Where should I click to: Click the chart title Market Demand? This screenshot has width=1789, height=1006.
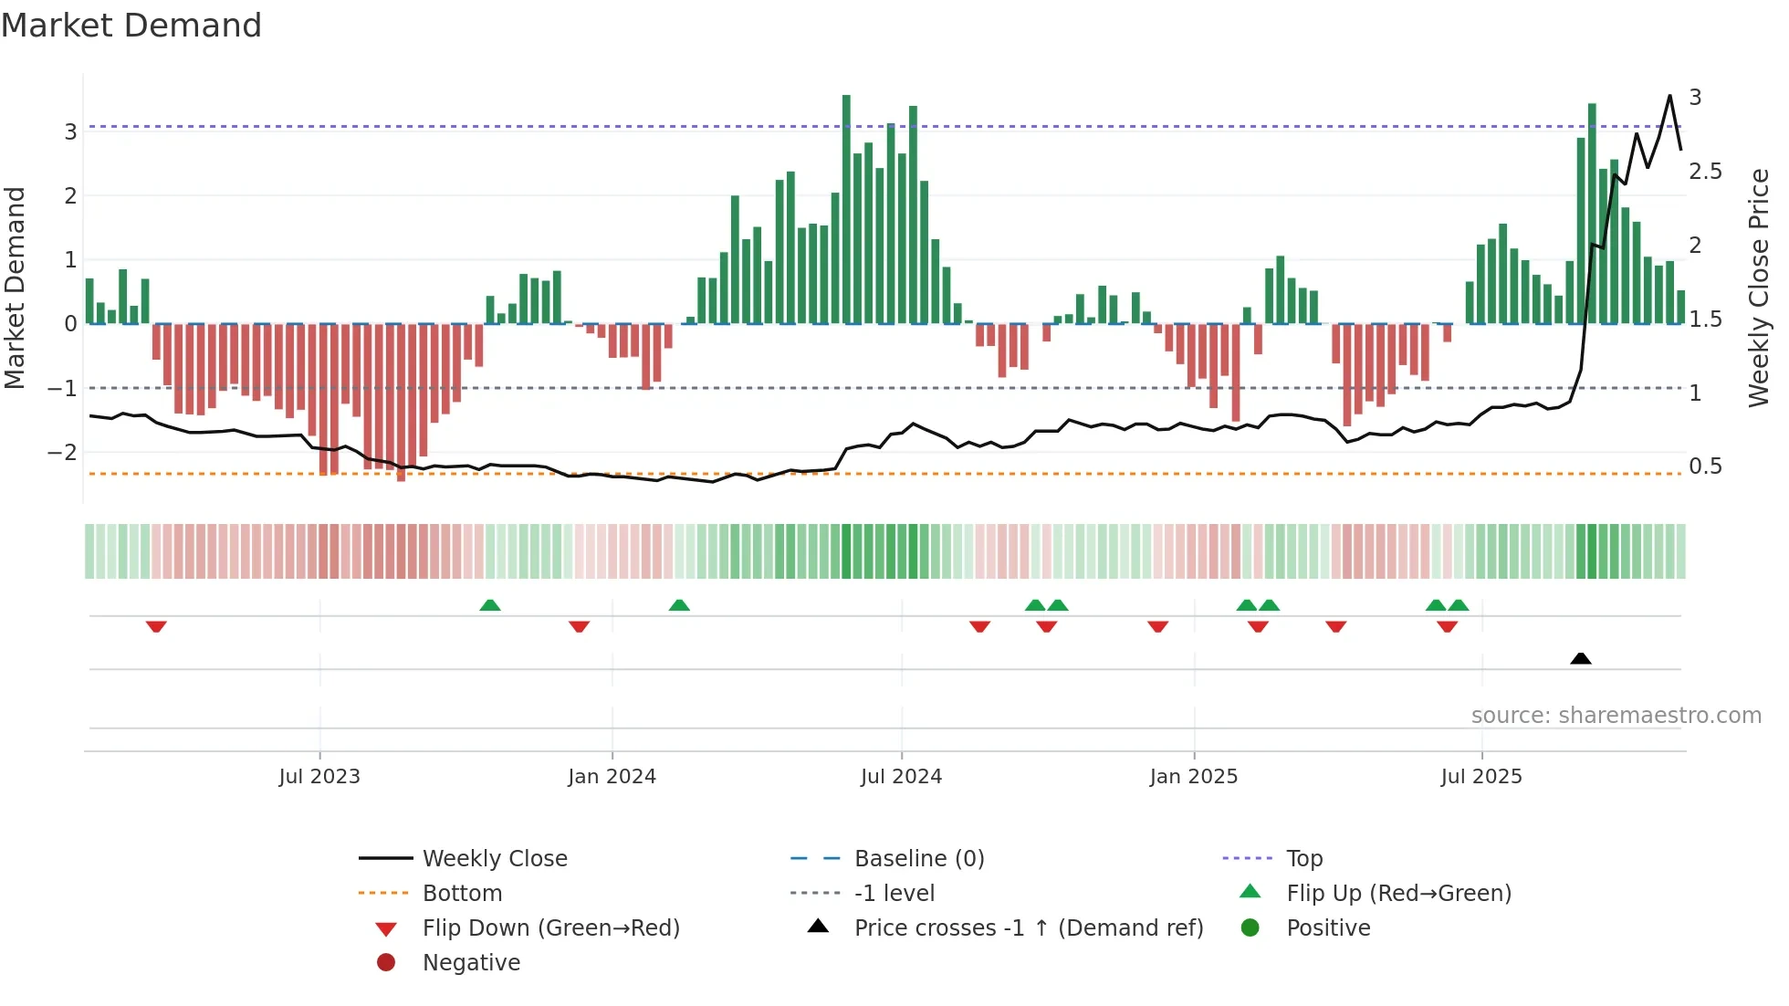[x=131, y=26]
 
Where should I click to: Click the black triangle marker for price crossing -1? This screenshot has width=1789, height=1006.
[x=1581, y=658]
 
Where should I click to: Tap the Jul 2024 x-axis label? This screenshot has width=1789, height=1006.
[x=901, y=777]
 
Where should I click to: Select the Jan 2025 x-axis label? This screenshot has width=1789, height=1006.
[x=1193, y=777]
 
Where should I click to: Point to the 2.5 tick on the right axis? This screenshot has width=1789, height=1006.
[x=1705, y=172]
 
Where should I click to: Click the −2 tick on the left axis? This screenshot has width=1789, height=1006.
[x=62, y=453]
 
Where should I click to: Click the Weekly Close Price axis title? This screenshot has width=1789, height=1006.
[x=1759, y=288]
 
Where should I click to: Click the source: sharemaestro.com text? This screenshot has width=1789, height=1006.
[x=1616, y=716]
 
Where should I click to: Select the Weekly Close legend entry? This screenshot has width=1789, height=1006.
[x=494, y=859]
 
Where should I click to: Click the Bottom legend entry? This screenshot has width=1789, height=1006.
[x=462, y=894]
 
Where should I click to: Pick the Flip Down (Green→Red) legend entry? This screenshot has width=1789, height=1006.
[x=550, y=928]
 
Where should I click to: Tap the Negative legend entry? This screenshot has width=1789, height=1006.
[x=471, y=963]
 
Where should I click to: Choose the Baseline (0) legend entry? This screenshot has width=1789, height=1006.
[x=918, y=859]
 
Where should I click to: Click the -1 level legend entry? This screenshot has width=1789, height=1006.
[x=894, y=894]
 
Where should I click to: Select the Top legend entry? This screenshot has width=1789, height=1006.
[x=1303, y=859]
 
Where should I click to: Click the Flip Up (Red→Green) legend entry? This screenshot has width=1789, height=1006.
[x=1398, y=894]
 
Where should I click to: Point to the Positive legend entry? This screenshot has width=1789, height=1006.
[x=1328, y=928]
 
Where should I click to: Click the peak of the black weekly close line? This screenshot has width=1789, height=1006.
[x=1669, y=96]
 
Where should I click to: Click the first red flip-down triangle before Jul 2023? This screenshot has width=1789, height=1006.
[x=156, y=627]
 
